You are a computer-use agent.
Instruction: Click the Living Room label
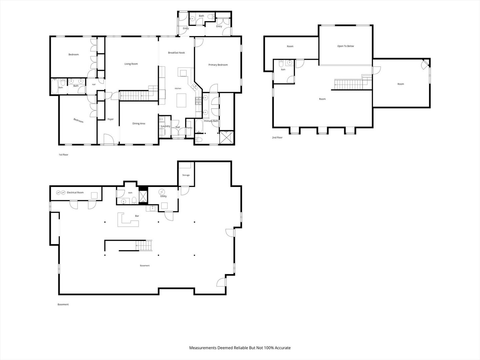(x=131, y=64)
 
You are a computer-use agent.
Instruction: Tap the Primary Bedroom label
(x=218, y=65)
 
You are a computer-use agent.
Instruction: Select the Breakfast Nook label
(x=176, y=53)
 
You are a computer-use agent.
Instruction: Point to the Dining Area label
(x=139, y=123)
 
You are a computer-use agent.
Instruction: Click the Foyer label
(x=111, y=119)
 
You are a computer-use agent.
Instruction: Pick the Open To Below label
(x=346, y=46)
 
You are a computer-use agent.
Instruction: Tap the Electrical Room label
(x=75, y=193)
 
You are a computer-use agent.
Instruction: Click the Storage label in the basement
(x=186, y=175)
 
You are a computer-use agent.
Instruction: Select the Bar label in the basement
(x=137, y=216)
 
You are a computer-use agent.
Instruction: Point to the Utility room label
(x=163, y=196)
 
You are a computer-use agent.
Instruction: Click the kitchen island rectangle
(x=181, y=100)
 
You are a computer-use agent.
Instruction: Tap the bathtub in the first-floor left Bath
(x=54, y=86)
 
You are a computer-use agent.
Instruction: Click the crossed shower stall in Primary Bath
(x=227, y=137)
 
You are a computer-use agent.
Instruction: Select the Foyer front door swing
(x=108, y=139)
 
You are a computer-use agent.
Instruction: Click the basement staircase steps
(x=144, y=245)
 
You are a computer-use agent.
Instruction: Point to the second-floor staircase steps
(x=348, y=85)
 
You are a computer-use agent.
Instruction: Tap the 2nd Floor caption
(x=277, y=137)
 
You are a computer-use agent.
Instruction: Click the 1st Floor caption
(x=63, y=155)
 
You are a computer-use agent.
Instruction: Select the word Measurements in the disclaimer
(x=203, y=348)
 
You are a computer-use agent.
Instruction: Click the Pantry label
(x=189, y=128)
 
